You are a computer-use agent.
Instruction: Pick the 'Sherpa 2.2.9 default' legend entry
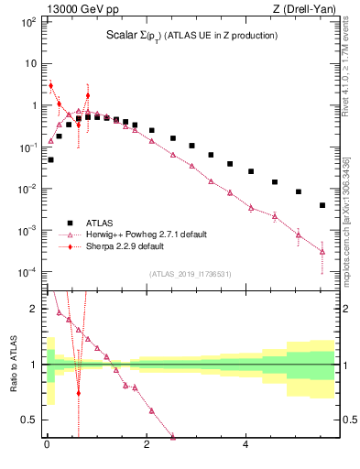coord(126,246)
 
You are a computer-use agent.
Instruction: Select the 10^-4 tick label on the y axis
coord(27,272)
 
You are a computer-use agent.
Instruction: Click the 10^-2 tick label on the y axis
coord(27,189)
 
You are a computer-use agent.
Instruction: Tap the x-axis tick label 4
coord(245,446)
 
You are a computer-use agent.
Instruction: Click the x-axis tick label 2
coord(147,446)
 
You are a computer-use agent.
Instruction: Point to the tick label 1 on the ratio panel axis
coord(34,365)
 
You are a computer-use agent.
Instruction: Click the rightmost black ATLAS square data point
coord(322,205)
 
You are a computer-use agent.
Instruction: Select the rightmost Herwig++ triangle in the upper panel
coord(322,251)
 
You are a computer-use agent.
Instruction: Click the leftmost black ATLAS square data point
coord(50,159)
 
